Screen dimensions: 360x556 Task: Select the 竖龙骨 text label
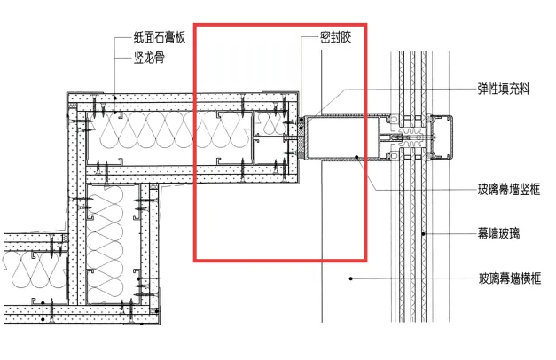pyautogui.click(x=146, y=58)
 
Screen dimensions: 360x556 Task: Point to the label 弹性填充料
pyautogui.click(x=505, y=90)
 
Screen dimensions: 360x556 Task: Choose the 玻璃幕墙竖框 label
pyautogui.click(x=510, y=189)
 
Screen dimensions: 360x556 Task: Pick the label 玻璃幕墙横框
pyautogui.click(x=510, y=278)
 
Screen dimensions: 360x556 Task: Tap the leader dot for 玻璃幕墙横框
pyautogui.click(x=352, y=278)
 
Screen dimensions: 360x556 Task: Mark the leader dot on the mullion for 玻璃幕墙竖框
pyautogui.click(x=356, y=157)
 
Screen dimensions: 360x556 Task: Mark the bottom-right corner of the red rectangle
pyautogui.click(x=364, y=261)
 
